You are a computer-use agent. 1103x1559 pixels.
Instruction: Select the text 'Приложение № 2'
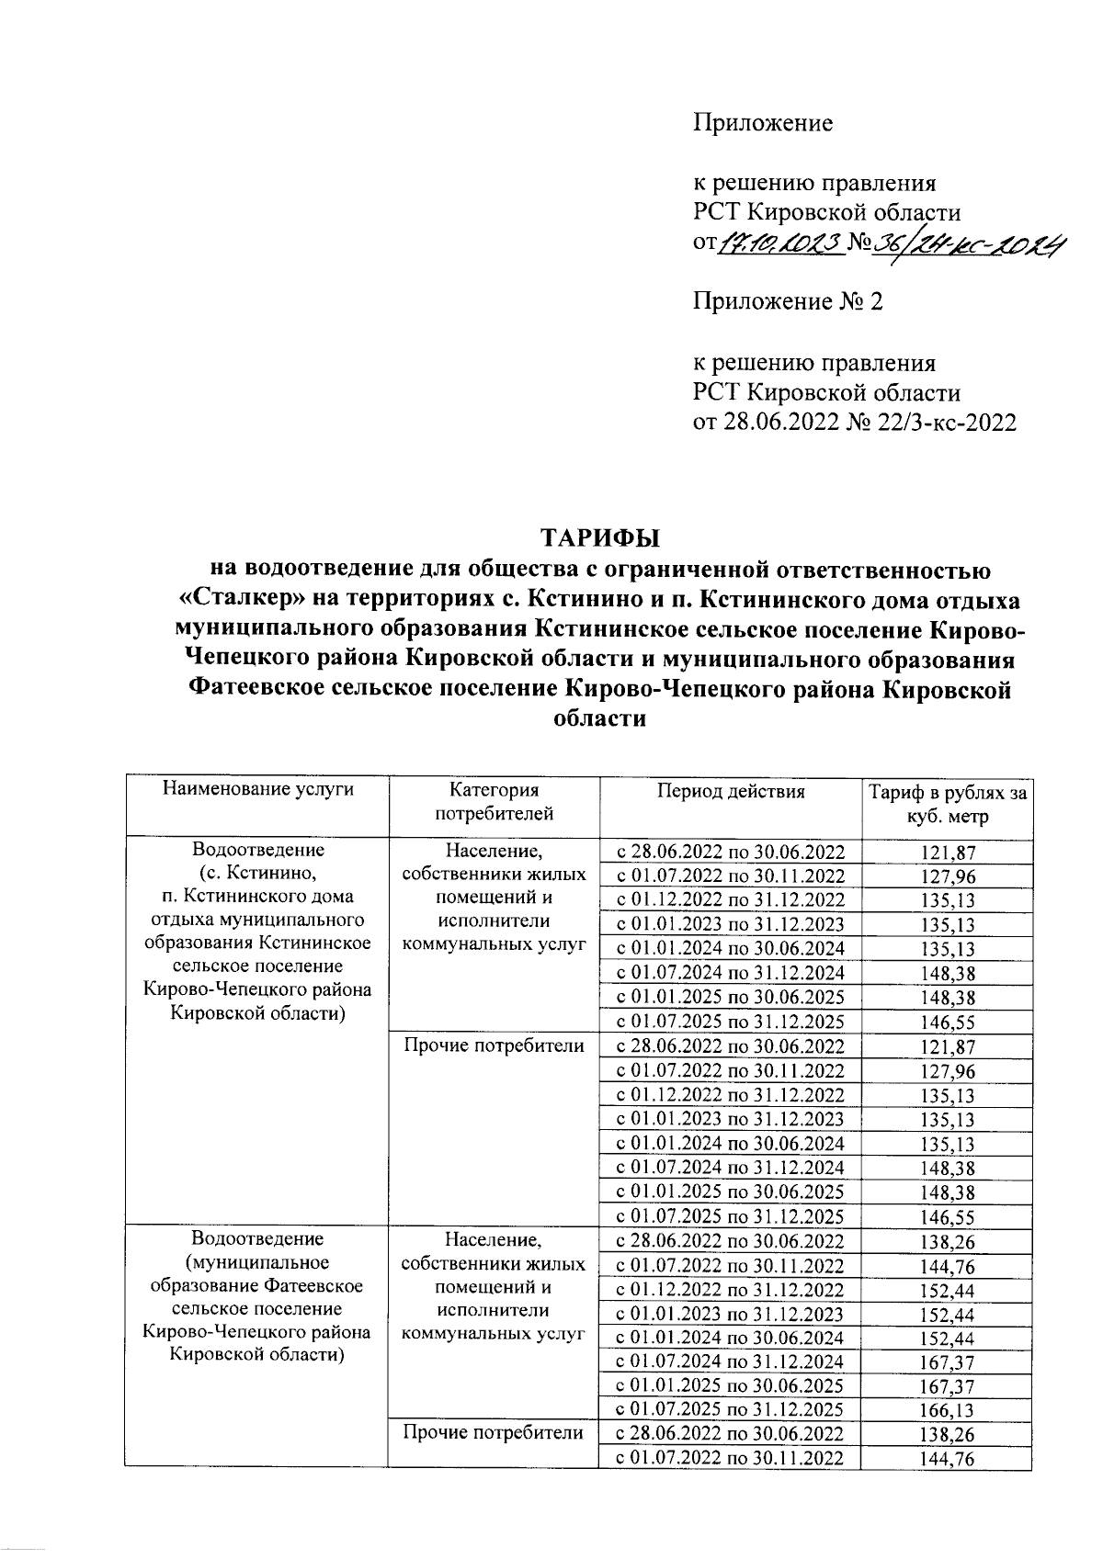(788, 302)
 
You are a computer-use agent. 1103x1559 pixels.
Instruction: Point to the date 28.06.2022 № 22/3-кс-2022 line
(854, 423)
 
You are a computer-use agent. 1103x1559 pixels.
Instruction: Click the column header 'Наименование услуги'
(257, 790)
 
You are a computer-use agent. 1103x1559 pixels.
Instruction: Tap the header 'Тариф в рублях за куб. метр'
(948, 805)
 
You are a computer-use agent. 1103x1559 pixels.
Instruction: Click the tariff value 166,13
(948, 1410)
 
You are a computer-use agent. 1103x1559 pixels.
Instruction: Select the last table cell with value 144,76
(948, 1459)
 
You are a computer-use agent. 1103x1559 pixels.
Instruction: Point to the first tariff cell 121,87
(948, 853)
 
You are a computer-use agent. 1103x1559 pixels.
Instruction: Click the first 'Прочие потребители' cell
(494, 1046)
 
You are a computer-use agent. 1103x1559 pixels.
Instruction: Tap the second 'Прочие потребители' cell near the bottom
(494, 1433)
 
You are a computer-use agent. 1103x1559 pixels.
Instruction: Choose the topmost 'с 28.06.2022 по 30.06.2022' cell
(730, 852)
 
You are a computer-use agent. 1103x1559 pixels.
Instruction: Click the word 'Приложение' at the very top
(762, 123)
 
